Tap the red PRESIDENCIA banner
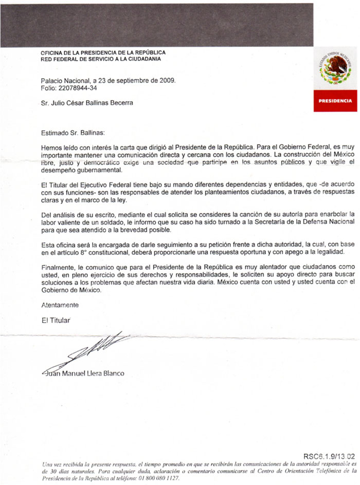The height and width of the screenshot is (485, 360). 336,101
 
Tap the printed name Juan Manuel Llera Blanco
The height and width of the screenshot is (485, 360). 83,373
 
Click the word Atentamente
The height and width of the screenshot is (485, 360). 60,305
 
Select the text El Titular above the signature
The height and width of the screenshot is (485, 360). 55,320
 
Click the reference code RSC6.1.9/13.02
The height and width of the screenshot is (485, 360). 329,455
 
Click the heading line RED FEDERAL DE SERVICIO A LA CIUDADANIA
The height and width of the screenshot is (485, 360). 101,59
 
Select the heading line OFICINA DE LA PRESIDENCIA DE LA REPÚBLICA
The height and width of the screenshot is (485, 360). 103,52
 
